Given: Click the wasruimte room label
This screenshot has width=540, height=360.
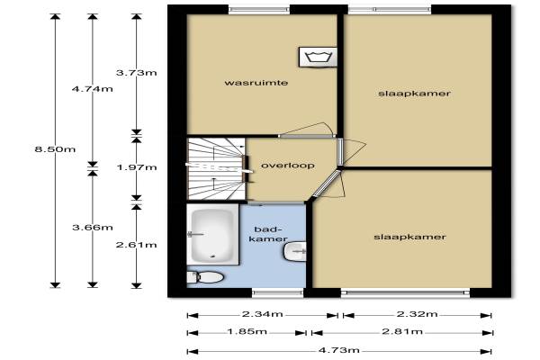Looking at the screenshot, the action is (256, 83).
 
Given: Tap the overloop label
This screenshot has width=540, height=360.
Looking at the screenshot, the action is (288, 166).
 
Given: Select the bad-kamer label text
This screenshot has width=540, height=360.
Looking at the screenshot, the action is (268, 234).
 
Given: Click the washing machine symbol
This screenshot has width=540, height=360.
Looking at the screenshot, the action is (318, 57).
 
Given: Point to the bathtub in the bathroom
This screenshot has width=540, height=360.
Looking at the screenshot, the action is (212, 234).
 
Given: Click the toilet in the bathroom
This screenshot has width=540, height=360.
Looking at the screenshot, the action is (205, 277).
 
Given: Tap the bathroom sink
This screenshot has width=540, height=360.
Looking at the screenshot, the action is (295, 251).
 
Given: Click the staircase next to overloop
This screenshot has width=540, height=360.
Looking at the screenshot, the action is (216, 169).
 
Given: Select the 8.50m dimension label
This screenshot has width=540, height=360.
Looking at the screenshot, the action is (55, 149).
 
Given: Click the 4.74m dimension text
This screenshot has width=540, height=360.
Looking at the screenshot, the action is (93, 89).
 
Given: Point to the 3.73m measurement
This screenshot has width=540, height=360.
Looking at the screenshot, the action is (137, 73).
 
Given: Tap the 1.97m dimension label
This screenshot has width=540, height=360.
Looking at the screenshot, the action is (137, 167).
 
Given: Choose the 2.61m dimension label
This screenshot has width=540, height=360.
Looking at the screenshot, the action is (137, 245).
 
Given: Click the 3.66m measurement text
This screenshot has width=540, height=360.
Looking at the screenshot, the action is (93, 228).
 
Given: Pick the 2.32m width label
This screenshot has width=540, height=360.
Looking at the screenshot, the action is (417, 314).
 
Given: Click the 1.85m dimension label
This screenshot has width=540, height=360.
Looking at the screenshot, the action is (247, 331).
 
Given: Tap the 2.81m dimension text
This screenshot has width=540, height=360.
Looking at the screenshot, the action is (402, 331).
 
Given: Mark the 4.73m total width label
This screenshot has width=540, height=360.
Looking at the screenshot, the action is (339, 350).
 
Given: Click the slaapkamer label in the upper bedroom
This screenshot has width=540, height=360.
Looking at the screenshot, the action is (414, 94).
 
